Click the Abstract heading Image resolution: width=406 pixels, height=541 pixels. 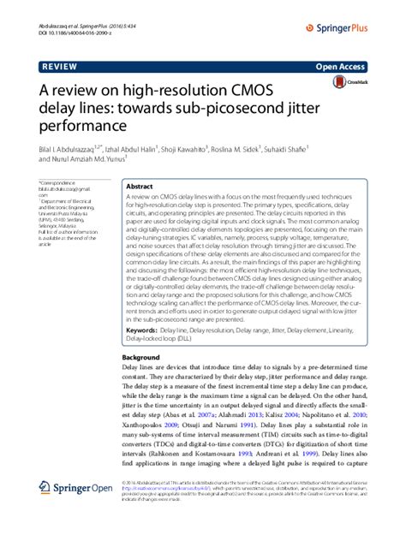[139, 186]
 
